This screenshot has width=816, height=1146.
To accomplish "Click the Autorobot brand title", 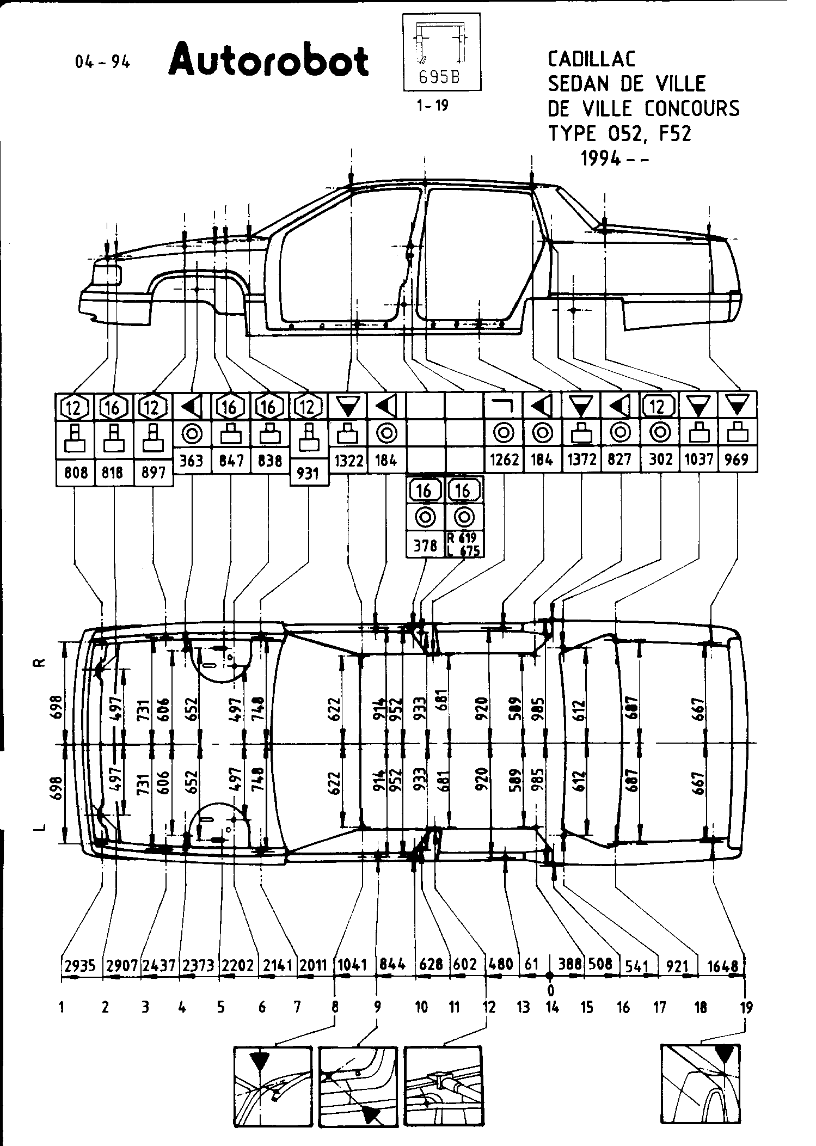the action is pyautogui.click(x=268, y=62).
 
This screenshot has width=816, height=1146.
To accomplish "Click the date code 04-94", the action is pyautogui.click(x=103, y=62).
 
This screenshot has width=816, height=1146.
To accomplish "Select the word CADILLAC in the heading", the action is pyautogui.click(x=591, y=59).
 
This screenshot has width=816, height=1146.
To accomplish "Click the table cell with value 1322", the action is pyautogui.click(x=348, y=461).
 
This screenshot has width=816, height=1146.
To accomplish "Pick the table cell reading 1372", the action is pyautogui.click(x=581, y=460).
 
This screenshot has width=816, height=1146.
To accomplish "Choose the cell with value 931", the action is pyautogui.click(x=309, y=474).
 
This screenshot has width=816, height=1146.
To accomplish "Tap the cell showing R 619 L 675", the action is pyautogui.click(x=464, y=544).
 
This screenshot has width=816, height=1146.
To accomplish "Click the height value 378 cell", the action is pyautogui.click(x=425, y=545).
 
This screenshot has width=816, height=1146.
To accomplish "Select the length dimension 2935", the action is pyautogui.click(x=80, y=965).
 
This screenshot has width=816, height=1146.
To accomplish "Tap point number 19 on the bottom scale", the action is pyautogui.click(x=746, y=1008).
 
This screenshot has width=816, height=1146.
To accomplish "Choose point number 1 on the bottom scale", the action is pyautogui.click(x=62, y=1008).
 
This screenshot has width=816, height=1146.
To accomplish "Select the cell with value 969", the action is pyautogui.click(x=738, y=459).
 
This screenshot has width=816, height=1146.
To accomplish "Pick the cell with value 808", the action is pyautogui.click(x=76, y=473).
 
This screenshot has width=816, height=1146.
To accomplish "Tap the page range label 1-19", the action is pyautogui.click(x=432, y=106).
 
